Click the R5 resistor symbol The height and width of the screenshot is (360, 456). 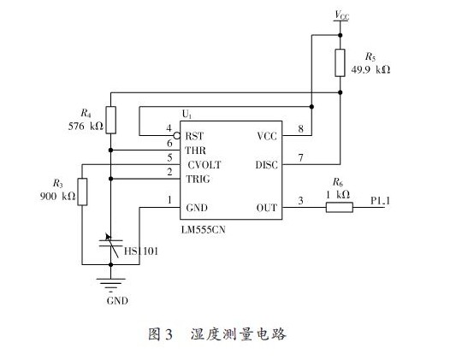340,62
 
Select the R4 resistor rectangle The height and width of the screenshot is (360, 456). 111,120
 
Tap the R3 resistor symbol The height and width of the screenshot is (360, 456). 82,192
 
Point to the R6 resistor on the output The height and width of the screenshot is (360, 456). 340,208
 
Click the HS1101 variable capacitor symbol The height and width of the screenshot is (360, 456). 111,245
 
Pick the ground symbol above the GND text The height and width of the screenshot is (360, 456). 111,285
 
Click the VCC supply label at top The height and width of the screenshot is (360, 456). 341,15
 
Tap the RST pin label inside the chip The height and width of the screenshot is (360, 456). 194,136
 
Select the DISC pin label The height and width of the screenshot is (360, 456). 266,165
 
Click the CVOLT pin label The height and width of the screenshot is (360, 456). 204,165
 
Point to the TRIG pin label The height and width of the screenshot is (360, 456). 198,179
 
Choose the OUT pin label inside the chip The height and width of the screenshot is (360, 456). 266,208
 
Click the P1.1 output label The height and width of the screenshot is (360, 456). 380,200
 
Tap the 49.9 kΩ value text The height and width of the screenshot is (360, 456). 370,70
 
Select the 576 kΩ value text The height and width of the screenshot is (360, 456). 86,126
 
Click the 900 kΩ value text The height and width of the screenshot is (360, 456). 57,196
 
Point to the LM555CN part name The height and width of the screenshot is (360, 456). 204,230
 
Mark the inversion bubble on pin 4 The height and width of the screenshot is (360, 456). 176,136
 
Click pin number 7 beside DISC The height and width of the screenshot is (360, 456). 300,158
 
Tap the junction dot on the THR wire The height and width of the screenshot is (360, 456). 111,150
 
